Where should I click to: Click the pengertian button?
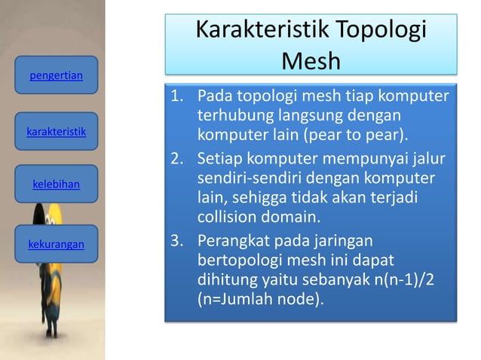click(x=56, y=75)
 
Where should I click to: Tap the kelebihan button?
click(x=56, y=183)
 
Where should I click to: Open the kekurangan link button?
click(x=56, y=245)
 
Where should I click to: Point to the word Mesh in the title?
click(x=311, y=59)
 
